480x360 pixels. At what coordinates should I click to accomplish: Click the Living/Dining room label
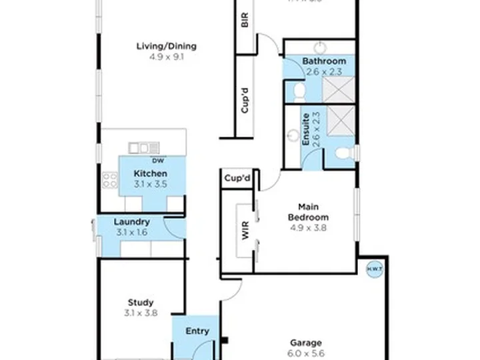tap(166, 46)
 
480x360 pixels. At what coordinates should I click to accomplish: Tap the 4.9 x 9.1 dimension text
tap(166, 57)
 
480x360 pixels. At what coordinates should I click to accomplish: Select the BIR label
tap(245, 20)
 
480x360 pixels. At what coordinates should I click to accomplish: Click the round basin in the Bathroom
tap(320, 47)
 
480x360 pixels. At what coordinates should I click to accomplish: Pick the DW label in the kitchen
tap(158, 161)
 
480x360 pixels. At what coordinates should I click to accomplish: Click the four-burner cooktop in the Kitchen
tap(110, 179)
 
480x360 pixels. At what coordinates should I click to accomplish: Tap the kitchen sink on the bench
tap(145, 147)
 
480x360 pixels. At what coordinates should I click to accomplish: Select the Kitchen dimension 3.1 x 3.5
tap(150, 184)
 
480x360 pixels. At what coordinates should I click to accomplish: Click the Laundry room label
tap(131, 222)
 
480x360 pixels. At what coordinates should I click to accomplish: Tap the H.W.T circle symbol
tap(373, 268)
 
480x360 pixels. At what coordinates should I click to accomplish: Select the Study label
tap(141, 302)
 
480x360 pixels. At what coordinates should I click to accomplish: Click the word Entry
tap(197, 331)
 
